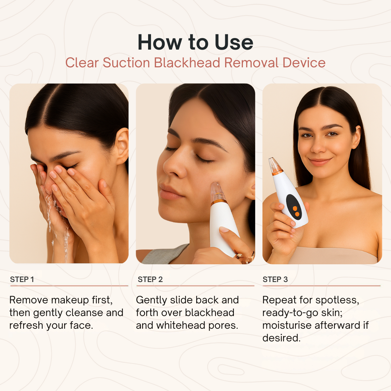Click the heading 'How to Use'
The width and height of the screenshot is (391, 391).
(x=195, y=42)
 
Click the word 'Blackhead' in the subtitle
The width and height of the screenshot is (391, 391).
(x=187, y=63)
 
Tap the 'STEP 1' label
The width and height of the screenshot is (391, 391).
(x=22, y=279)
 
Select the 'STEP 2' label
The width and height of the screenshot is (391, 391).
(x=150, y=279)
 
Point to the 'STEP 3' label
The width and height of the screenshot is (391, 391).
(x=275, y=279)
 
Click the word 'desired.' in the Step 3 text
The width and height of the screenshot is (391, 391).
(x=281, y=338)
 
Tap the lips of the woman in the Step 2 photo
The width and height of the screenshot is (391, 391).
(x=169, y=192)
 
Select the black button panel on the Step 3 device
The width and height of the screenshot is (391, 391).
(x=294, y=207)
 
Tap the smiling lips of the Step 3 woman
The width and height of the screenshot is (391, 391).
(x=320, y=161)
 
